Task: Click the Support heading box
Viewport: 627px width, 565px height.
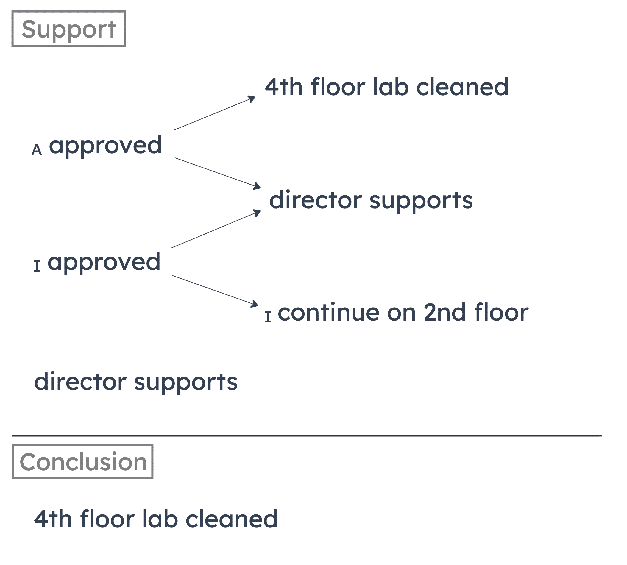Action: pyautogui.click(x=68, y=29)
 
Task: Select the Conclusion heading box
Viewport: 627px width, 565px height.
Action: pyautogui.click(x=82, y=462)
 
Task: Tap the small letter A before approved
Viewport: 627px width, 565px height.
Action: pyautogui.click(x=37, y=150)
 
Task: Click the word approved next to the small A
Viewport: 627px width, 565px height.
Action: pyautogui.click(x=105, y=145)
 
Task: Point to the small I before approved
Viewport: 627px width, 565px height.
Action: pyautogui.click(x=37, y=266)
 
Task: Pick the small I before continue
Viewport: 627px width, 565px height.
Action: pyautogui.click(x=268, y=317)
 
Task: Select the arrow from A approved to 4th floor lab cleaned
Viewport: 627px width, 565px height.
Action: pyautogui.click(x=214, y=113)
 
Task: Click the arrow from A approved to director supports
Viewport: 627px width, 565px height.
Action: pyautogui.click(x=217, y=173)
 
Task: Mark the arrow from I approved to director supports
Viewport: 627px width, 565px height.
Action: pyautogui.click(x=216, y=229)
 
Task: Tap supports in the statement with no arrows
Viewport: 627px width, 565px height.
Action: pyautogui.click(x=186, y=383)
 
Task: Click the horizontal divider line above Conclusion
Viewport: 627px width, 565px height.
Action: pyautogui.click(x=307, y=436)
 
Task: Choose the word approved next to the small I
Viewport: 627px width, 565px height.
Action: pyautogui.click(x=104, y=262)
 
